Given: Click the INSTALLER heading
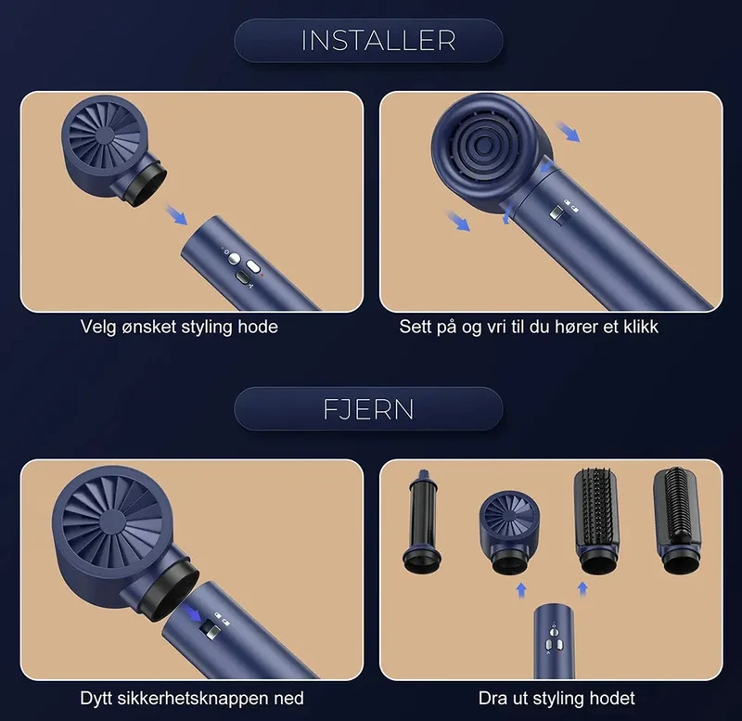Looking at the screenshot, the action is pos(378,41).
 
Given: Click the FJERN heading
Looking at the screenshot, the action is pos(368,409).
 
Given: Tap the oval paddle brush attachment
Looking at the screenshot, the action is pos(596,521).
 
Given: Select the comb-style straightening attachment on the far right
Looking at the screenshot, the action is pos(677,521).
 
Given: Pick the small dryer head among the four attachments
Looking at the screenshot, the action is pos(508,532).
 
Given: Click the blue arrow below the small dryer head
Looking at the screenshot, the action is pos(521,590).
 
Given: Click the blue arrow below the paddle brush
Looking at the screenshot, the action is pos(582,589).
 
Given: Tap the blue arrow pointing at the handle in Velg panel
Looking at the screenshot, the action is pos(176,214).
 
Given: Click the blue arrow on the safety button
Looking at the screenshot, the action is pos(193,613).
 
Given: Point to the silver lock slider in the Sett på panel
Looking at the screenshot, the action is pos(556,213).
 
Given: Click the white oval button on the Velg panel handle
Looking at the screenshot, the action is pos(253,266).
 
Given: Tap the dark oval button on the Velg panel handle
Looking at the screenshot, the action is pos(242,277).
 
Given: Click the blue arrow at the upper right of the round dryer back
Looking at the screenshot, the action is pos(568,132).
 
